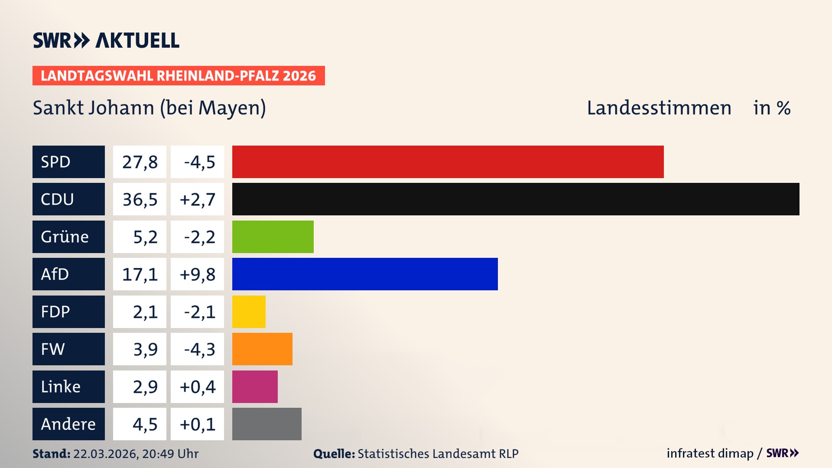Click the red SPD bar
[x=448, y=162]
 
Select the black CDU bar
[x=516, y=199]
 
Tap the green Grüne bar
[x=273, y=237]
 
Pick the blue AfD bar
[x=365, y=274]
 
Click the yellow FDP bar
[x=249, y=312]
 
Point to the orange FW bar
[x=262, y=349]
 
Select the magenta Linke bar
[x=255, y=387]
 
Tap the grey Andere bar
[x=266, y=424]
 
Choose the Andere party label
[x=68, y=424]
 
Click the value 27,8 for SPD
[x=140, y=162]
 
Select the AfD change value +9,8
[x=197, y=274]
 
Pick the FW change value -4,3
[x=199, y=349]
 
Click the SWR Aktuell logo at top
[x=106, y=40]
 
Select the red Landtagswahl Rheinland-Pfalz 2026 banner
[x=178, y=76]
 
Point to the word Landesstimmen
[x=659, y=108]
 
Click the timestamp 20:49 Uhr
[x=170, y=454]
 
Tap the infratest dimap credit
[x=709, y=453]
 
